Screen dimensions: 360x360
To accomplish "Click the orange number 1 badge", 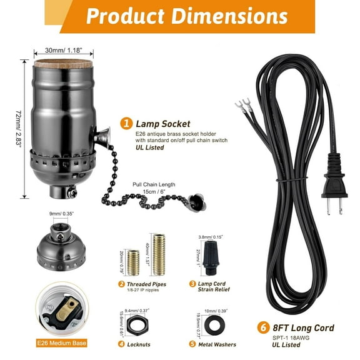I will tap(126, 123).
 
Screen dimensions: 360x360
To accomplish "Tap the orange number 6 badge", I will tap(264, 327).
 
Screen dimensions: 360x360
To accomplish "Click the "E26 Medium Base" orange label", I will tap(61, 342).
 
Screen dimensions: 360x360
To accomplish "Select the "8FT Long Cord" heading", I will tap(302, 327).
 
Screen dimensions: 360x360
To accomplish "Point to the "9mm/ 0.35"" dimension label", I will tap(61, 214).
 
